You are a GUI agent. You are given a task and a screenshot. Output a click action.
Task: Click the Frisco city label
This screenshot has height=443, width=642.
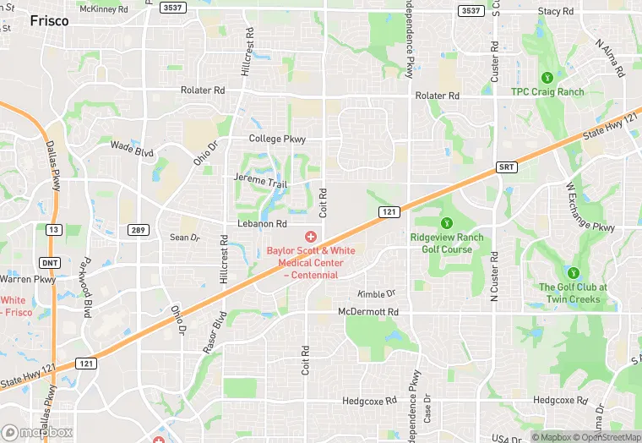tap(49, 21)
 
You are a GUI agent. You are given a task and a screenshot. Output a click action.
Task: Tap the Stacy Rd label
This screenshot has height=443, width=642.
tap(561, 11)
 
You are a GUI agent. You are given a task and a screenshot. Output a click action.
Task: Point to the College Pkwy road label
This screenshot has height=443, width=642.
tap(277, 139)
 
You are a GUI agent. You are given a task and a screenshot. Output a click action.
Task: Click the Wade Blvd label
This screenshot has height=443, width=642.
tap(133, 148)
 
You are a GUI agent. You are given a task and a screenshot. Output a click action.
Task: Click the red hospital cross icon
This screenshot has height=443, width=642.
tap(311, 236)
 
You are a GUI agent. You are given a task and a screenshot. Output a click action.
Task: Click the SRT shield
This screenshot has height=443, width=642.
tap(506, 167)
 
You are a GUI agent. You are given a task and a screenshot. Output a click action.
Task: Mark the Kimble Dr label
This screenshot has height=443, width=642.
tap(376, 294)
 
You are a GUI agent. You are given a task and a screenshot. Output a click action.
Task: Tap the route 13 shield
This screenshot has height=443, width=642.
tap(53, 229)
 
